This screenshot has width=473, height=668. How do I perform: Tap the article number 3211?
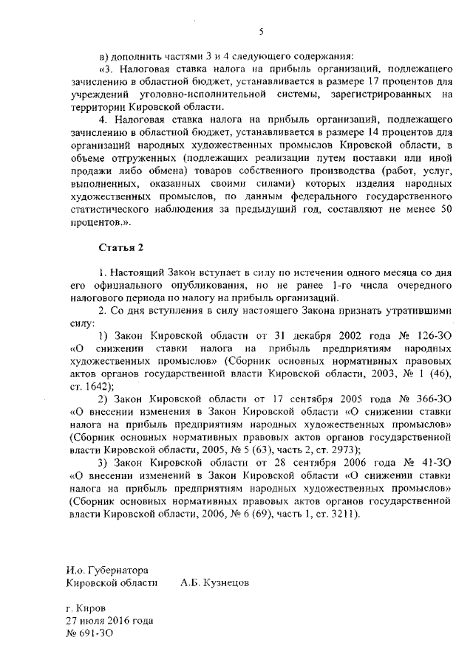(342, 511)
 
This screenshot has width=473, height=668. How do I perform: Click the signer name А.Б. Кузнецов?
(214, 582)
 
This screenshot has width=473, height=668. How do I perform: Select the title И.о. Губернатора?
(106, 570)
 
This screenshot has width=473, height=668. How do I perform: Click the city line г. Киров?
(85, 607)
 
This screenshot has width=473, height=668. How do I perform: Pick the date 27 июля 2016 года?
(110, 620)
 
